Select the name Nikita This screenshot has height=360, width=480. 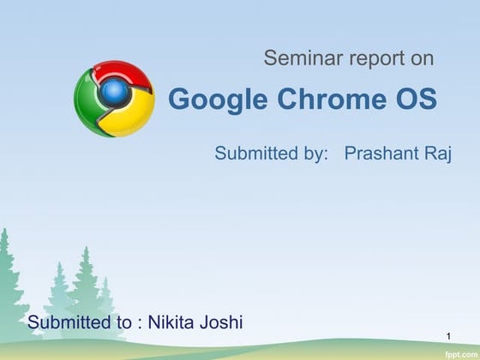pos(175,323)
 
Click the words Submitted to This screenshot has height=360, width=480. pos(79,323)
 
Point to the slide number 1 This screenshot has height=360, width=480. pos(450,333)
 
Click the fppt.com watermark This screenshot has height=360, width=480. pos(459,352)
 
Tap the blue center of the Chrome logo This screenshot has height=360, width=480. pos(113,91)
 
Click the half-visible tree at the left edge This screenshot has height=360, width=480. pos(7,274)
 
